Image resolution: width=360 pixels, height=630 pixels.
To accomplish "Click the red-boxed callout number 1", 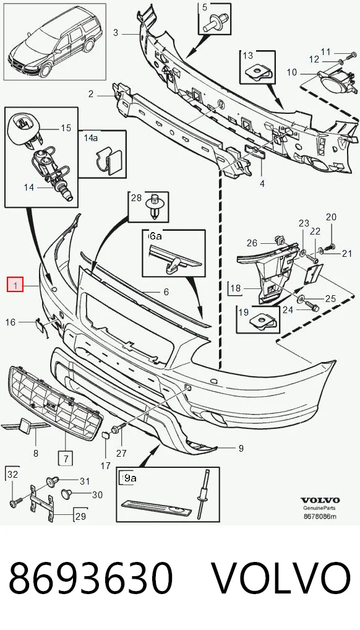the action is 15,285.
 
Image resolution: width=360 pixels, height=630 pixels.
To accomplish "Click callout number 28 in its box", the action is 136,197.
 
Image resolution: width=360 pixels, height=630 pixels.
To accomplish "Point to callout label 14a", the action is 91,138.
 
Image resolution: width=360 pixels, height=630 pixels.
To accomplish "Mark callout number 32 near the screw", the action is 13,474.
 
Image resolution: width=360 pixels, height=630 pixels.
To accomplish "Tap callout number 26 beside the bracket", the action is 252,243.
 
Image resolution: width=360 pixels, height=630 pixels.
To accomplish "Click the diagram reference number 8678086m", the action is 320,516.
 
